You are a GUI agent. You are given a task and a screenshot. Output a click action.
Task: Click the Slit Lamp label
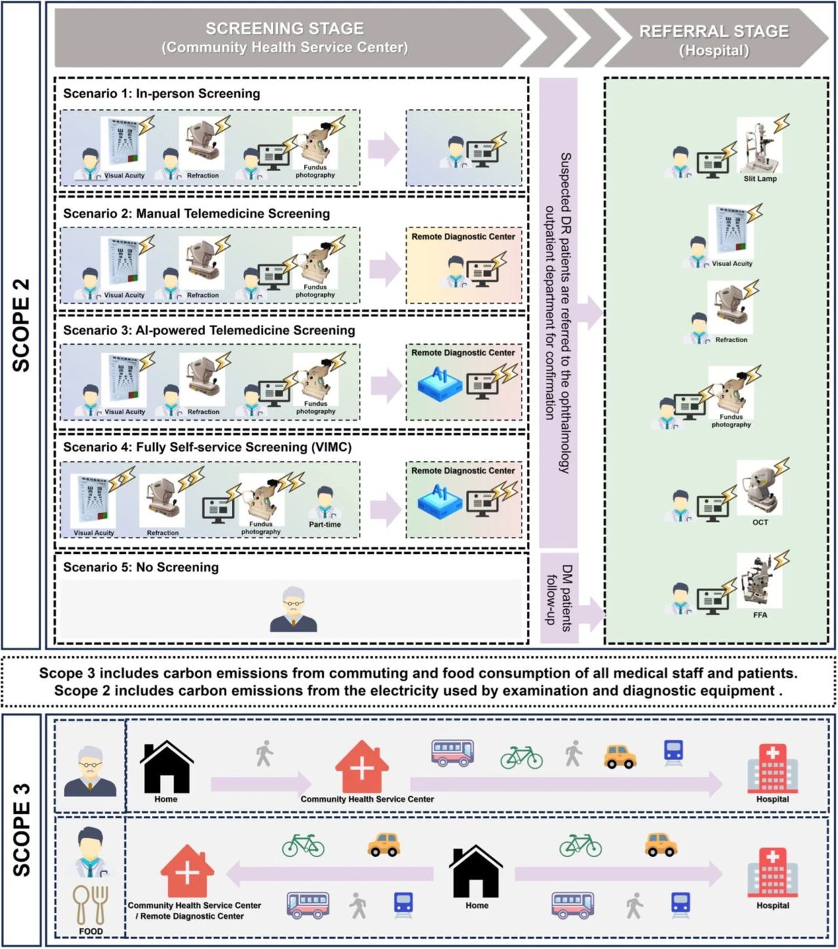tap(759, 178)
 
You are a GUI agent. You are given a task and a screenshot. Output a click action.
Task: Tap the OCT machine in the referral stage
tap(759, 488)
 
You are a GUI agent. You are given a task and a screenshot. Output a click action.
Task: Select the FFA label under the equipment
tap(760, 615)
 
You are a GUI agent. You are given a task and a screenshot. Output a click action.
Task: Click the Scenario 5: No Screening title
tap(141, 567)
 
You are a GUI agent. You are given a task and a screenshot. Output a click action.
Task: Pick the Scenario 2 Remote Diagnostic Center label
tap(463, 237)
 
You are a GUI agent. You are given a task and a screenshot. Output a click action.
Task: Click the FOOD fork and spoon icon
tap(90, 905)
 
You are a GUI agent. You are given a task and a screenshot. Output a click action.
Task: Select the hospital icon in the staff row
tap(772, 872)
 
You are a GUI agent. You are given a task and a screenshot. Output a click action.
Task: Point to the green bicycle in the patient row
tap(521, 757)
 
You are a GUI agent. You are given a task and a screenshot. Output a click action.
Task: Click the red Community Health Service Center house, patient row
tap(362, 767)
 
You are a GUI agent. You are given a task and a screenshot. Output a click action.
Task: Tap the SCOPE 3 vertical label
tap(22, 830)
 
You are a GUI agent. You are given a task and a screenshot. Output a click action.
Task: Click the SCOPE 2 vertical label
tap(22, 325)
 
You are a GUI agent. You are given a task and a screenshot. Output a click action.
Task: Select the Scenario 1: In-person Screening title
tap(161, 93)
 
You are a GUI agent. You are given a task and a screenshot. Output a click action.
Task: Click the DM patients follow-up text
tap(559, 598)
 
